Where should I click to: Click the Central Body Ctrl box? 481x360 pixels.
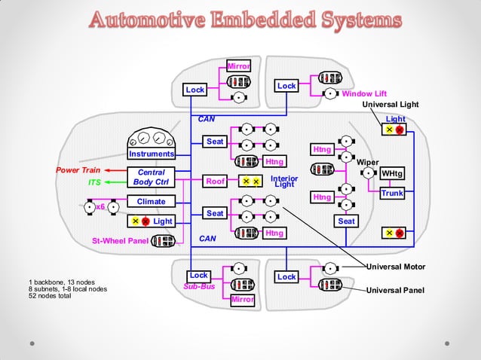coord(151,177)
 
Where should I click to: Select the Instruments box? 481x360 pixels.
coord(151,154)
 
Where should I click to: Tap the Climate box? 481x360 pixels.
coord(151,201)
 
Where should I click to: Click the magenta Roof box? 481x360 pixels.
coord(216,181)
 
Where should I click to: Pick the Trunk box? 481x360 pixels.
coord(392,194)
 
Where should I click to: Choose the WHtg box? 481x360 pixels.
coord(392,174)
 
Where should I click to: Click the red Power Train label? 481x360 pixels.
coord(78,170)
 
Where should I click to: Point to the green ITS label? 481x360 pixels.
coord(95,182)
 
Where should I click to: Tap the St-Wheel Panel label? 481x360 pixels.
coord(120,241)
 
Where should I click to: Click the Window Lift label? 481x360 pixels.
coord(364,94)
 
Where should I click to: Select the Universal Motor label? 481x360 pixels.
coord(395,267)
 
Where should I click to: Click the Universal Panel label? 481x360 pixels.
coord(395,290)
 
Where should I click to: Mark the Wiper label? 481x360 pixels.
coord(367,161)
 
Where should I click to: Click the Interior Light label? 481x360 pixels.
coord(285,182)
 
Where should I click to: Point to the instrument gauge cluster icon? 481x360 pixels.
coord(151,139)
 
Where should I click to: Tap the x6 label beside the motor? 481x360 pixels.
coord(100,206)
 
